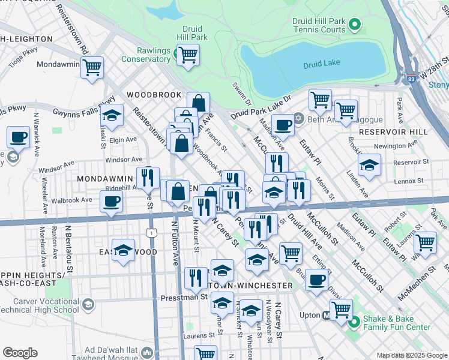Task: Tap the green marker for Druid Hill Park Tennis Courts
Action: click(x=354, y=25)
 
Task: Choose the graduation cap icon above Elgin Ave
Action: click(x=111, y=114)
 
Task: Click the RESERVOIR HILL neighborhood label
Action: click(x=393, y=131)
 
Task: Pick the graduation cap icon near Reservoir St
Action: click(x=369, y=164)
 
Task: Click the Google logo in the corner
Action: click(x=20, y=353)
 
